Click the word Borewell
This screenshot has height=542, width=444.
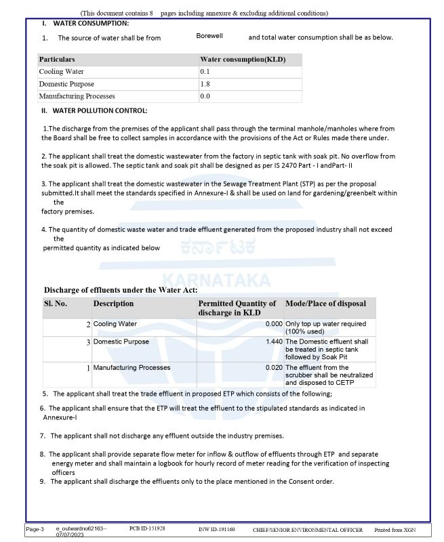pyautogui.click(x=209, y=35)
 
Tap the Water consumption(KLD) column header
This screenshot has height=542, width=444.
pyautogui.click(x=243, y=60)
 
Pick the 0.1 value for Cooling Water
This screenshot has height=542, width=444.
pyautogui.click(x=205, y=72)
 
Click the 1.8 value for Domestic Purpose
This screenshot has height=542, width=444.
pyautogui.click(x=205, y=84)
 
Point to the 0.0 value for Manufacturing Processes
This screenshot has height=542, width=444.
pyautogui.click(x=205, y=96)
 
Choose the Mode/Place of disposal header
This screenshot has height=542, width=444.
pyautogui.click(x=325, y=304)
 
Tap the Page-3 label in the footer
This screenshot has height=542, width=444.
pyautogui.click(x=35, y=529)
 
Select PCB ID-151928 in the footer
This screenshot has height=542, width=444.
pyautogui.click(x=147, y=528)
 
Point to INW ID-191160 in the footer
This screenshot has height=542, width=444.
pyautogui.click(x=217, y=528)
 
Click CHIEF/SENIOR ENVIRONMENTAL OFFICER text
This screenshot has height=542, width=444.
pyautogui.click(x=308, y=529)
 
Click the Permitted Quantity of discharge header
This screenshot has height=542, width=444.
pyautogui.click(x=237, y=308)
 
